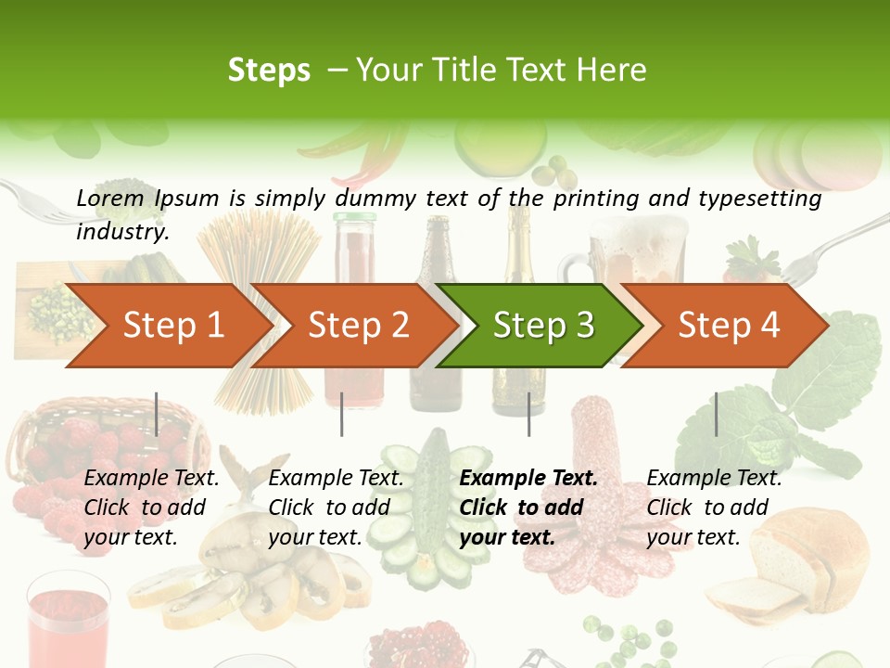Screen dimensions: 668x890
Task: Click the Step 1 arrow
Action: point(167,326)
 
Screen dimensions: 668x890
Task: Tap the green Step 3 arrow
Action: point(542,326)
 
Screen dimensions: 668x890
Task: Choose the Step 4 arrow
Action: point(728,326)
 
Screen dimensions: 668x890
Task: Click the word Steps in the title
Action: point(269,71)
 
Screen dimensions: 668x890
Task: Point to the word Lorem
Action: point(109,198)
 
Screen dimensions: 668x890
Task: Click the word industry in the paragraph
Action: point(121,232)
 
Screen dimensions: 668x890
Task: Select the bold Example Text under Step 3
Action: point(528,479)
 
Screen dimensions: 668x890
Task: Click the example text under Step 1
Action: point(151,507)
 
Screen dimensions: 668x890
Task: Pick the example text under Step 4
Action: point(714,507)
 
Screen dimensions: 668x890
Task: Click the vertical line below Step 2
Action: point(342,414)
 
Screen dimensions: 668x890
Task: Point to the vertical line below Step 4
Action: point(716,414)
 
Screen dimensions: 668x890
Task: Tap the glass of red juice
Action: point(67,622)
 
